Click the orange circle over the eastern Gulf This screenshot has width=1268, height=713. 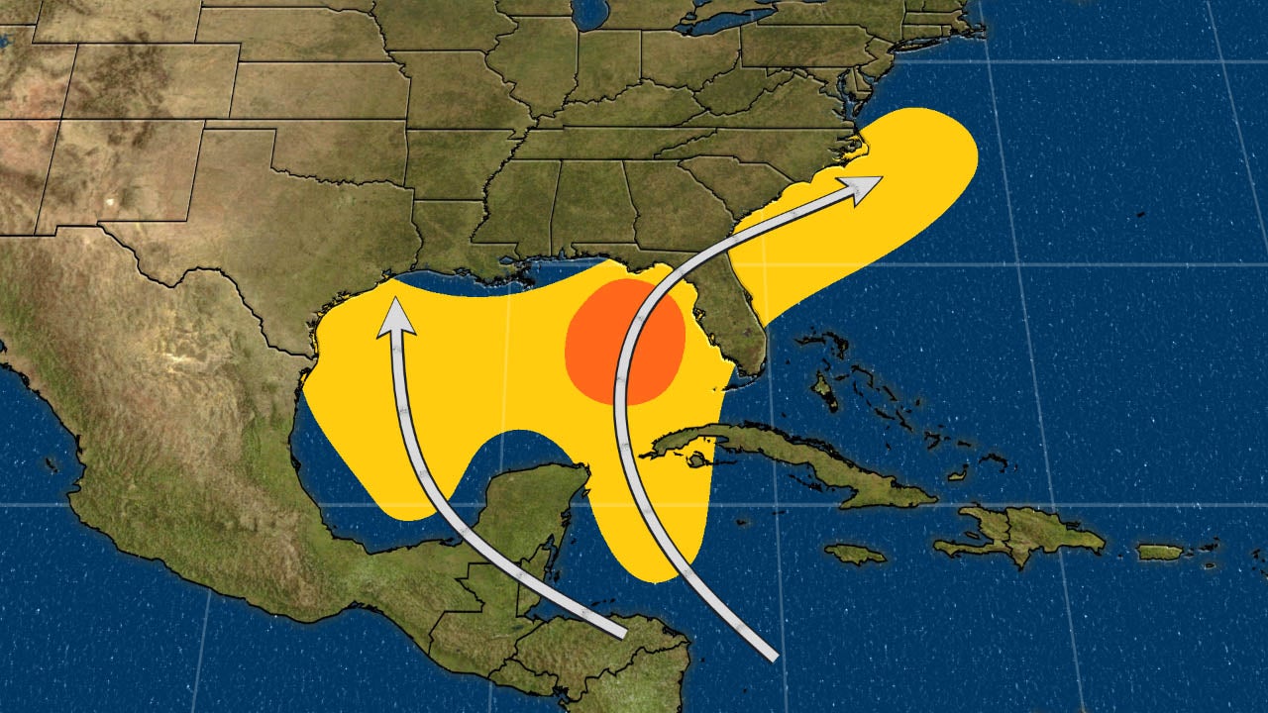pyautogui.click(x=624, y=342)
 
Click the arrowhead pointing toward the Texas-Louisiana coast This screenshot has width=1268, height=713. pyautogui.click(x=395, y=315)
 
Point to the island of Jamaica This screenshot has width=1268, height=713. pyautogui.click(x=855, y=553)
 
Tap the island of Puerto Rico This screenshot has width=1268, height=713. pyautogui.click(x=1159, y=552)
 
